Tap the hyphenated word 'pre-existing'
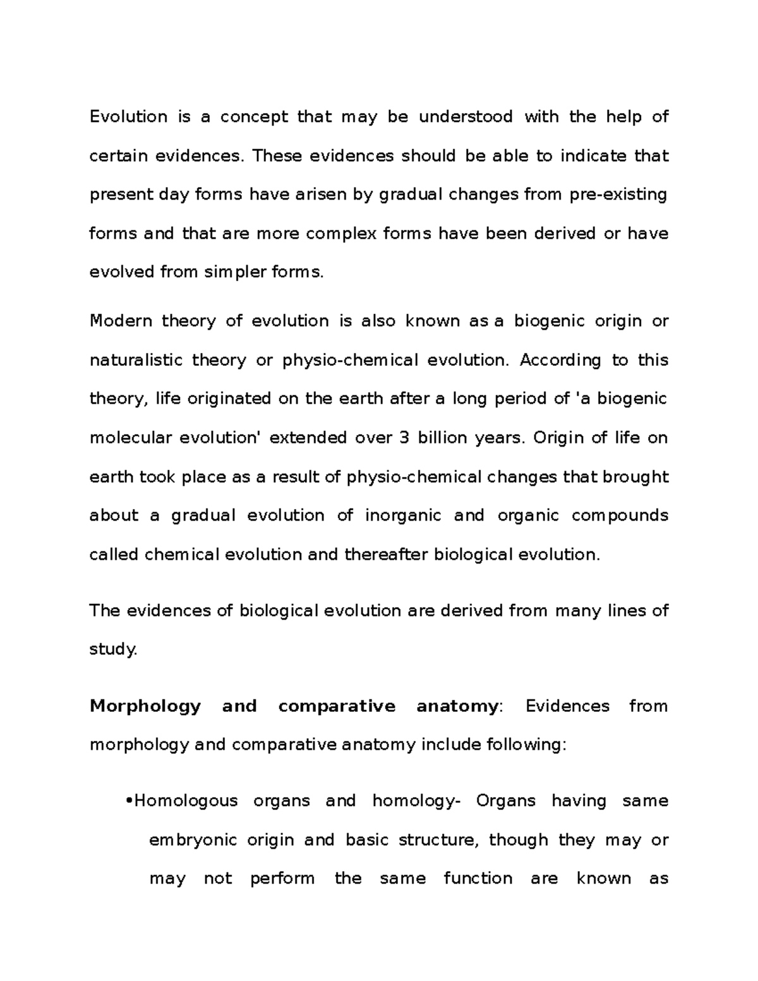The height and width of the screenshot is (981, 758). pos(618,195)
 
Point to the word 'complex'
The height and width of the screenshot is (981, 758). pos(340,234)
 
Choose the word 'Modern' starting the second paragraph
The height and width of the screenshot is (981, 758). pos(121,321)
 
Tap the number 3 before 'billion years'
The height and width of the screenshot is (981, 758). pos(404,438)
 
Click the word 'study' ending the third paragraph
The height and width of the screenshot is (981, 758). pos(112,649)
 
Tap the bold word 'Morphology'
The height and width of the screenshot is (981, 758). pos(145,706)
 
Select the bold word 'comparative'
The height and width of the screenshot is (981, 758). pos(337,706)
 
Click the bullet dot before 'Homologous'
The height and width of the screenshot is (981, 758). pos(129,801)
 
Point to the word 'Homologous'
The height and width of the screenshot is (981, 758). pos(186,801)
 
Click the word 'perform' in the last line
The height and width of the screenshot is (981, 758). pos(282,879)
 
